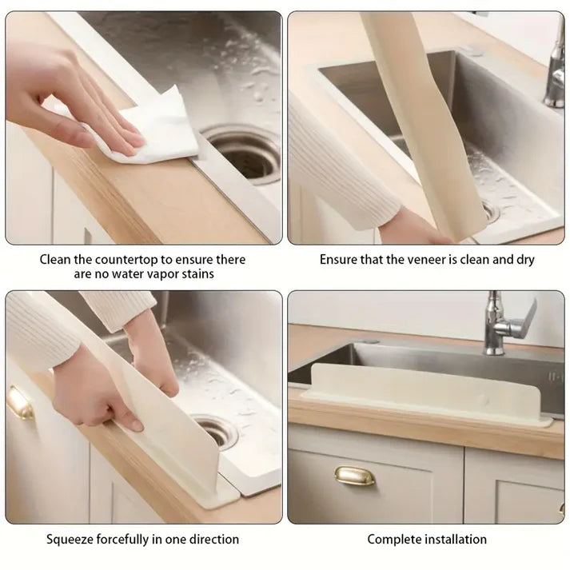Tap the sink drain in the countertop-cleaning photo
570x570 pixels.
pyautogui.click(x=245, y=153)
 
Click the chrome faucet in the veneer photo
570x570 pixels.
pyautogui.click(x=554, y=72)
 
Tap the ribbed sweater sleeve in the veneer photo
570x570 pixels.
pyautogui.click(x=344, y=168)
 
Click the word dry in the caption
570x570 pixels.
pyautogui.click(x=524, y=260)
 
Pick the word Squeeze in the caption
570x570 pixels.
pyautogui.click(x=70, y=540)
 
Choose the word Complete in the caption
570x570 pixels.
pyautogui.click(x=393, y=540)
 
